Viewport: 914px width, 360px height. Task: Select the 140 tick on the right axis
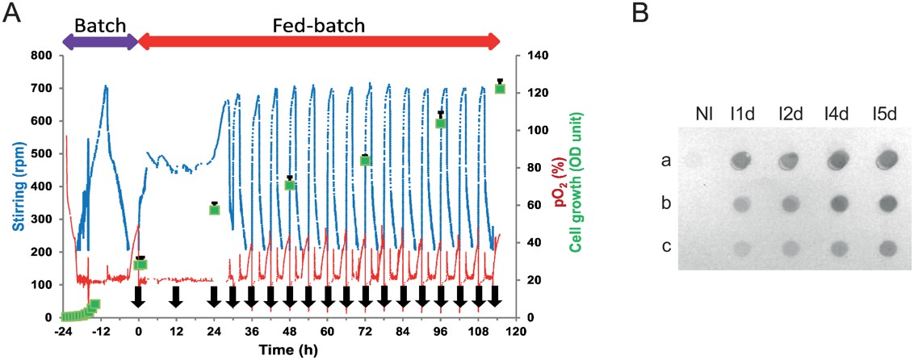(x=537, y=56)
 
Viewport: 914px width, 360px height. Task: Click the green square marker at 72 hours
(x=365, y=160)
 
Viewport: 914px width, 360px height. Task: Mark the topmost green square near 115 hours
(x=500, y=88)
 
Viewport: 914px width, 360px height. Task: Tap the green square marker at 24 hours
(x=215, y=209)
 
